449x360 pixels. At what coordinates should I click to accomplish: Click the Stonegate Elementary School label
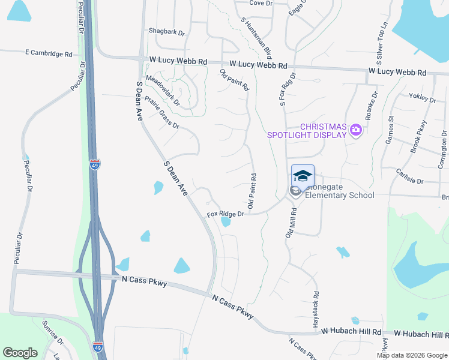click(339, 191)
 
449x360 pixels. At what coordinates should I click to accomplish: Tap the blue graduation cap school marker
click(303, 176)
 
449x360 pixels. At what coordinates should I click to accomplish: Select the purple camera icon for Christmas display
click(356, 130)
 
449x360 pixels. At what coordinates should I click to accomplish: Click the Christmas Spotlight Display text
click(307, 130)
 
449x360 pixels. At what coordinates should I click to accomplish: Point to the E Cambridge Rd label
click(49, 53)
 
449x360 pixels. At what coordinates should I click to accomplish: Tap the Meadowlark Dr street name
click(163, 90)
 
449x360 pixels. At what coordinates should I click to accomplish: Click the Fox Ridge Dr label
click(226, 214)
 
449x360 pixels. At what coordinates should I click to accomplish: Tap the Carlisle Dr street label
click(409, 181)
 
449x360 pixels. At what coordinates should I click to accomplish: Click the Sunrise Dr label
click(52, 333)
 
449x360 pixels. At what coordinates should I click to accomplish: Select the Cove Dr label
click(261, 3)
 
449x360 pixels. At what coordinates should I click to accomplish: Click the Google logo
click(20, 352)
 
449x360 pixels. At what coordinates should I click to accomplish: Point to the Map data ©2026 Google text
click(411, 355)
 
